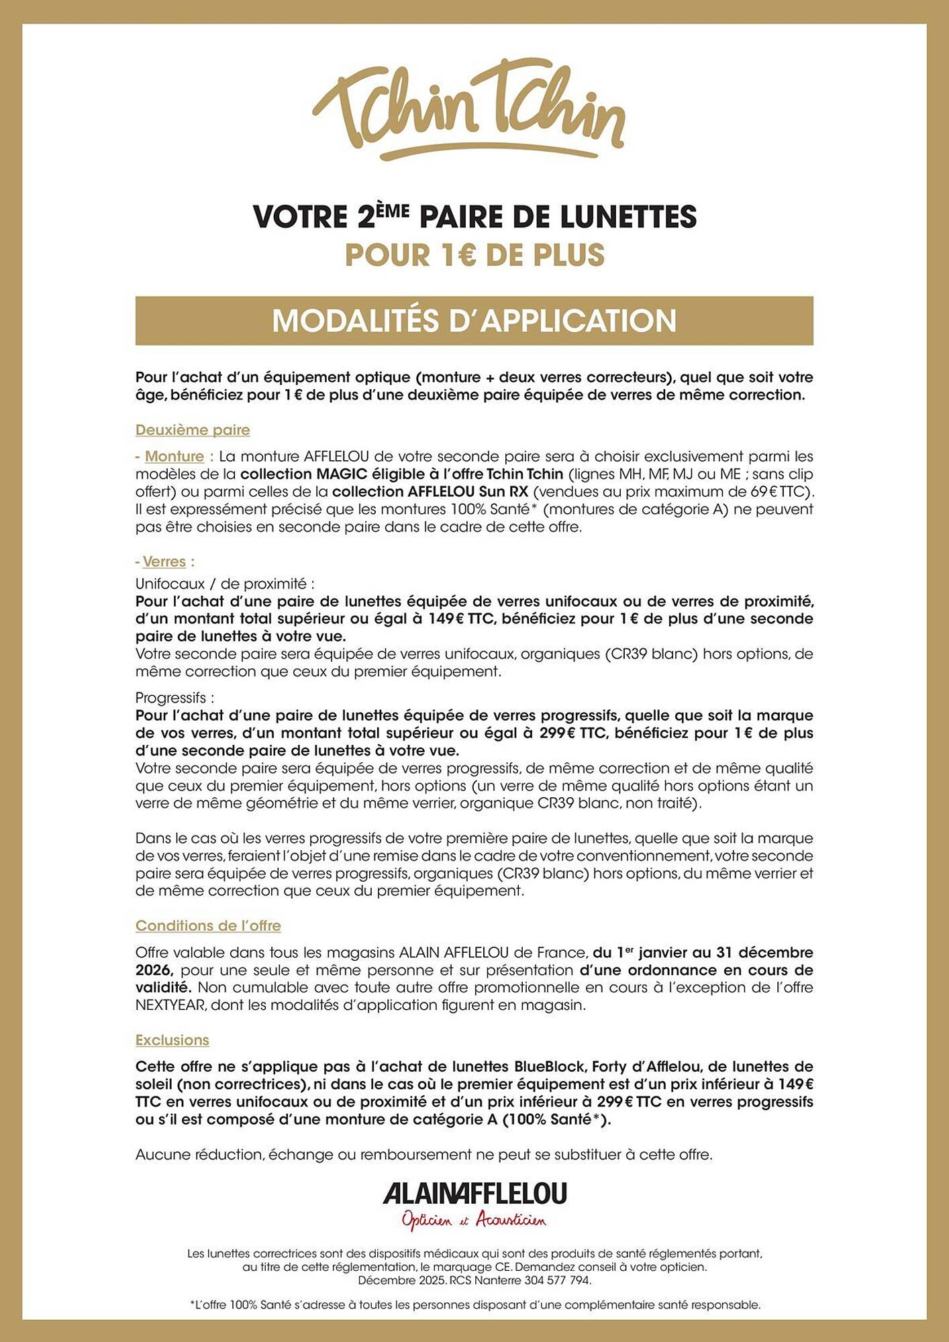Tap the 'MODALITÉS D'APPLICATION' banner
pyautogui.click(x=474, y=321)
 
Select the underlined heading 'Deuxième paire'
pyautogui.click(x=193, y=430)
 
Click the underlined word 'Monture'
pyautogui.click(x=174, y=456)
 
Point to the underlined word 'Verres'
pyautogui.click(x=164, y=562)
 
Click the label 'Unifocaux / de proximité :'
pyautogui.click(x=225, y=584)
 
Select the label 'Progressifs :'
pyautogui.click(x=174, y=698)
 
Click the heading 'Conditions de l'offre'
pyautogui.click(x=208, y=926)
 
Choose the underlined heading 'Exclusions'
pyautogui.click(x=172, y=1040)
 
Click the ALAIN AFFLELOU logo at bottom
pyautogui.click(x=474, y=1194)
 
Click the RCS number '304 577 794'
pyautogui.click(x=558, y=1280)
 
